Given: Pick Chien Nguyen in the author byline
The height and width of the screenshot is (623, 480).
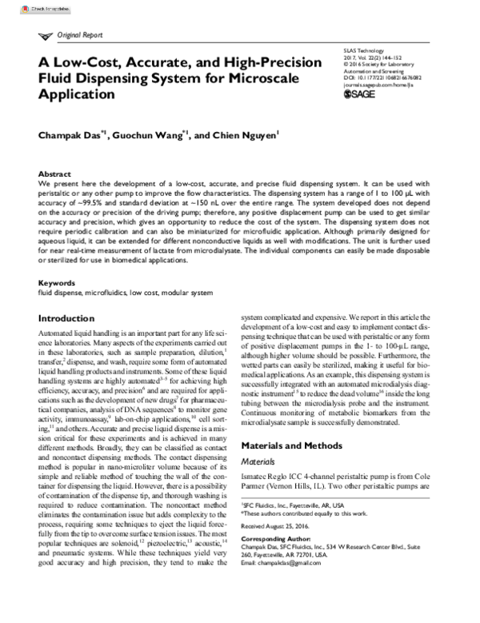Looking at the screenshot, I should coord(245,136).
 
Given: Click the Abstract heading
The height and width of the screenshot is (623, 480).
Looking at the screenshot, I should coord(55,174).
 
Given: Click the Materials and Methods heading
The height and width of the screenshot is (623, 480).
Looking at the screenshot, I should coord(294,444).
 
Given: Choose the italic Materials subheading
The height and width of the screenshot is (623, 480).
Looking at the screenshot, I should coord(262,461).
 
